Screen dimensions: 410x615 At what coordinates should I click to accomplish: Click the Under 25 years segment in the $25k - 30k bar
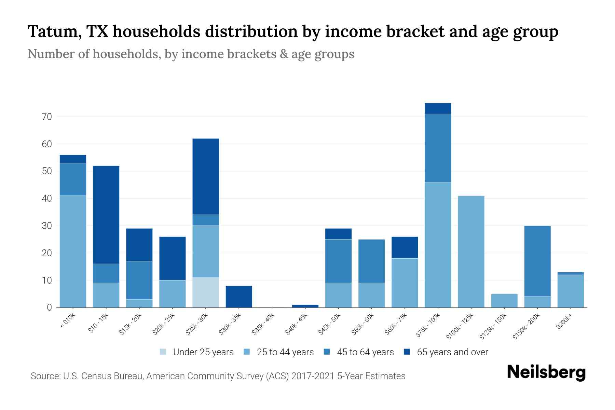coord(206,292)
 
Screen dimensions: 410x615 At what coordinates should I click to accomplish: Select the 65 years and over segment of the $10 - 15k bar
coord(106,215)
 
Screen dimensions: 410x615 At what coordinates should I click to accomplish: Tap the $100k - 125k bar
coord(471,251)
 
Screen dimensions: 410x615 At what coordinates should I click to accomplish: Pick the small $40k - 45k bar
coord(305,306)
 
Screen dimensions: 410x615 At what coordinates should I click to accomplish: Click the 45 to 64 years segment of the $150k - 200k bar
coord(537,261)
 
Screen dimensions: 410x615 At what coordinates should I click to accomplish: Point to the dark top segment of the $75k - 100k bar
coord(438,108)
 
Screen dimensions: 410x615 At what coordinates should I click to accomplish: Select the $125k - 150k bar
coord(504,301)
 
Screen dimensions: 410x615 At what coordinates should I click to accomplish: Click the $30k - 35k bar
coord(239,297)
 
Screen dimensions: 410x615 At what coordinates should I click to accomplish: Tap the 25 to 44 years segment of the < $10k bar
coord(73,251)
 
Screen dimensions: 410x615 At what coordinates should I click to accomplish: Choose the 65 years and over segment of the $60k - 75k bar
coord(405,247)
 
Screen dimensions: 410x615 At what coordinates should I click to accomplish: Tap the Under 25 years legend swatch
coord(163,352)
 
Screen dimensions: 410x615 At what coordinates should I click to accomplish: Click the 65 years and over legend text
coord(452,352)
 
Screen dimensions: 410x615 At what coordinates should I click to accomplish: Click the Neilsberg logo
coord(546,372)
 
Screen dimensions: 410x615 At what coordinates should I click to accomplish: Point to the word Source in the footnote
coord(45,376)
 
